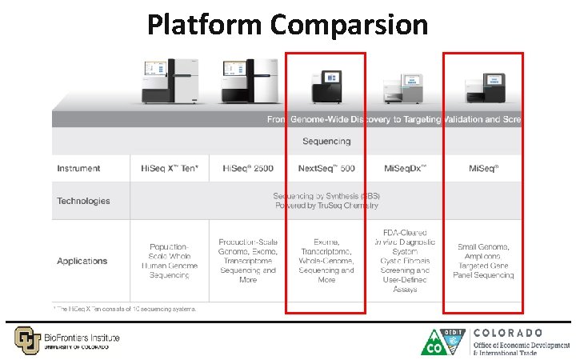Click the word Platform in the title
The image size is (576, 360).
tap(205, 25)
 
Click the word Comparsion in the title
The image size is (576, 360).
tap(349, 25)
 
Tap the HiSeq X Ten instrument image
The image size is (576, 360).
tap(167, 81)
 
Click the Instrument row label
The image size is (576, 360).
tap(78, 169)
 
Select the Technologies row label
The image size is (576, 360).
tap(83, 201)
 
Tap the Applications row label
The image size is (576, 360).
tap(82, 261)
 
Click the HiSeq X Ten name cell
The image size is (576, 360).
tap(169, 169)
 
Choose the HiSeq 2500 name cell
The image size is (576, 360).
tap(247, 169)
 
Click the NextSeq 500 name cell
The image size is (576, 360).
tap(326, 169)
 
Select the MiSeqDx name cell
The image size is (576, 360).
tap(406, 169)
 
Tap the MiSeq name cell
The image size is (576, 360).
tap(485, 169)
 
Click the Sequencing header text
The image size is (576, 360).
tap(326, 142)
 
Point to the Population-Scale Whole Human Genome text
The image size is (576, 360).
tap(169, 261)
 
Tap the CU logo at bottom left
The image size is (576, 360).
tap(26, 339)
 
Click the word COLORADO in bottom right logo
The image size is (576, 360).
tap(508, 332)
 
